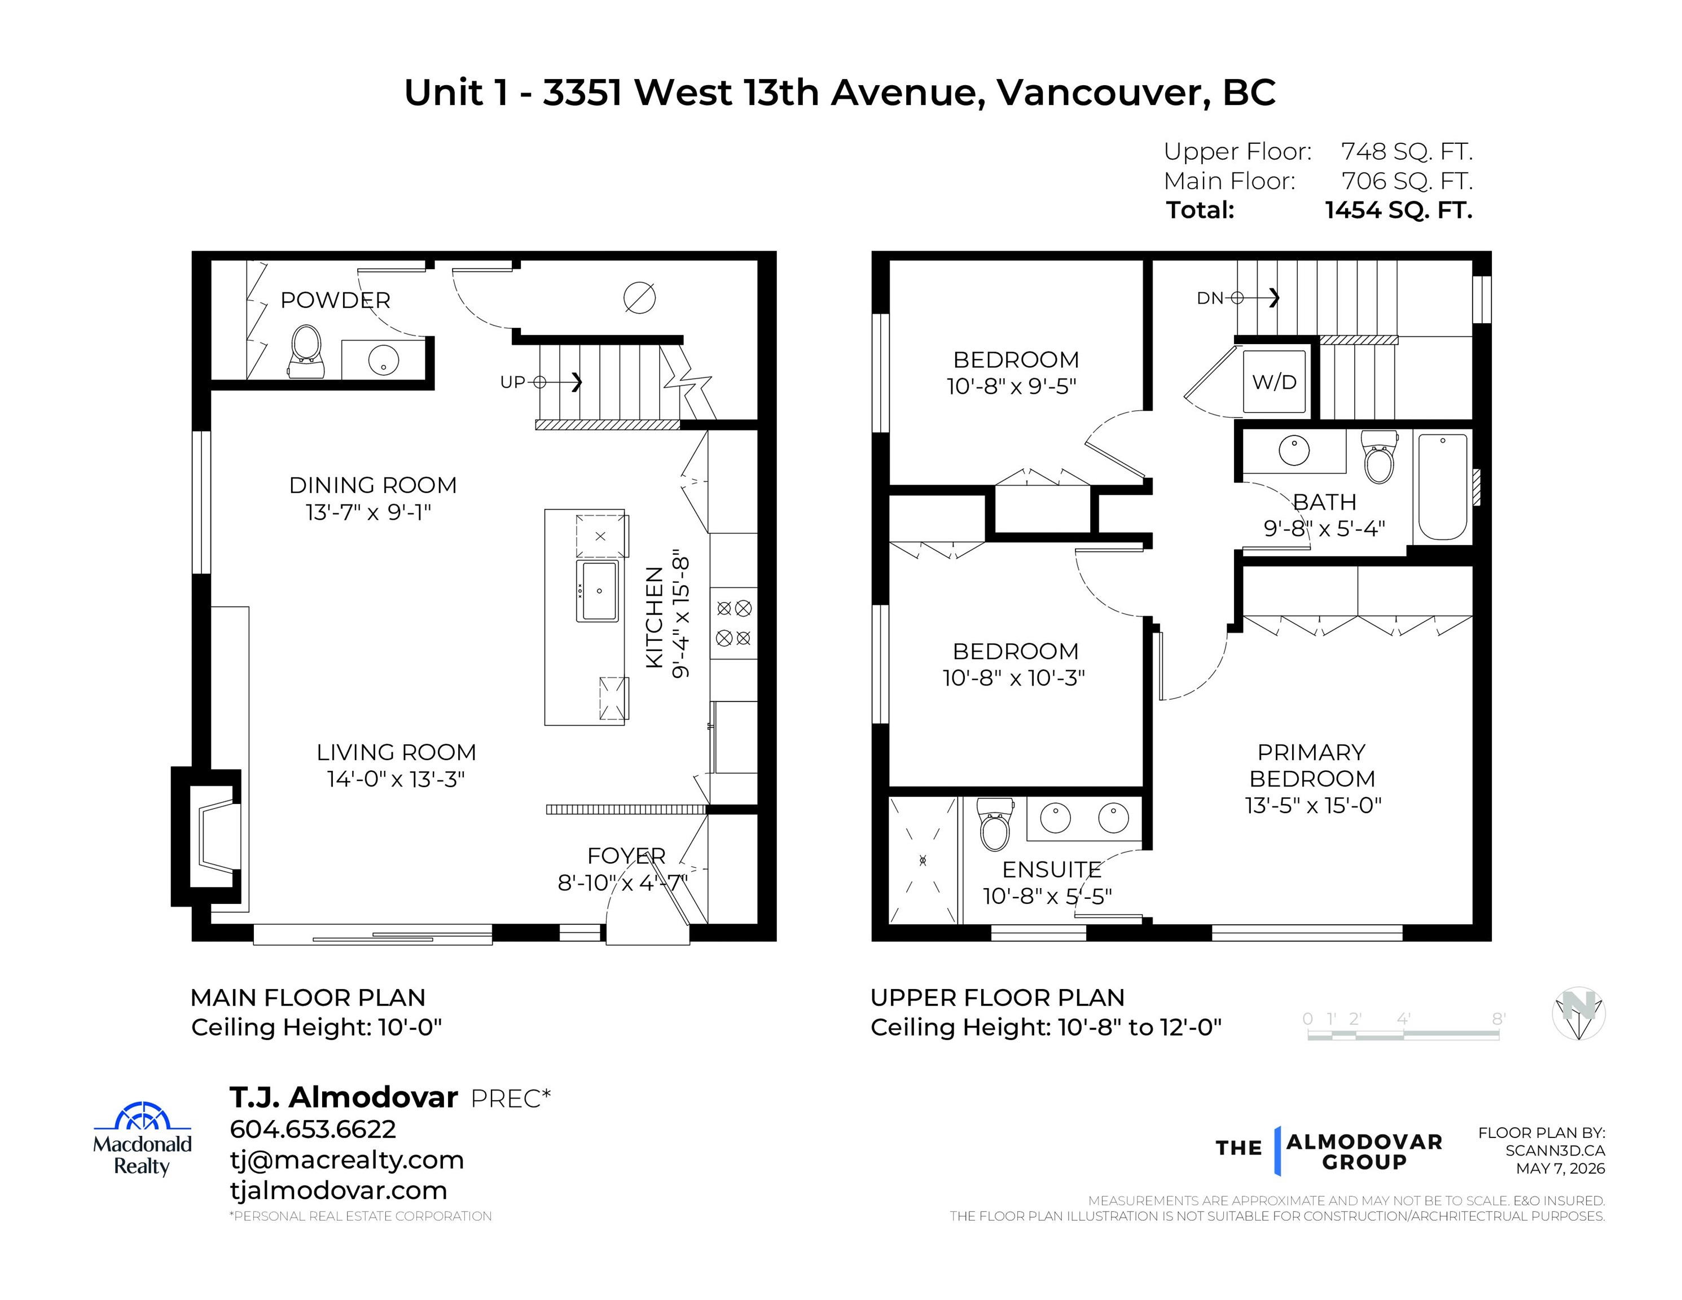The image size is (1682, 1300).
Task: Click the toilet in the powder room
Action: click(306, 352)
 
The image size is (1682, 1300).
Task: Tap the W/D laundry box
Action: click(1274, 381)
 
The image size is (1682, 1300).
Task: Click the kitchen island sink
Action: click(598, 591)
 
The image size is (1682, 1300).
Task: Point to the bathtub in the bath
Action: click(1443, 487)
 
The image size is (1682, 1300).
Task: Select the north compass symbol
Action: click(1578, 1013)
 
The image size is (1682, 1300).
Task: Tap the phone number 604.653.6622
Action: click(313, 1129)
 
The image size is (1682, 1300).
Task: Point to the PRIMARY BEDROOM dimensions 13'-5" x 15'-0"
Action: click(1313, 806)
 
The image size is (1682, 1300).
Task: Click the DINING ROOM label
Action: click(373, 485)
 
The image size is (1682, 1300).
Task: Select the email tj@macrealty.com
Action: click(346, 1160)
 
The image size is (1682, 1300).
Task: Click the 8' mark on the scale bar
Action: click(1499, 1019)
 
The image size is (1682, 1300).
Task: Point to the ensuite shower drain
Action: click(923, 860)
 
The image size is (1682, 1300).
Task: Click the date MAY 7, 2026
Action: click(1560, 1169)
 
